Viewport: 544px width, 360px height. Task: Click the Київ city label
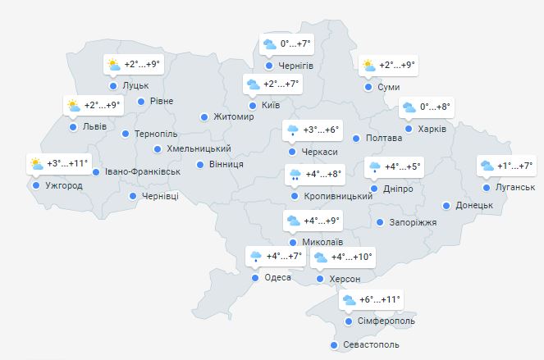pyautogui.click(x=272, y=106)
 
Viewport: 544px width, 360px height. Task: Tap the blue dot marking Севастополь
pyautogui.click(x=334, y=345)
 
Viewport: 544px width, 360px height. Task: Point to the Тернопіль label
pyautogui.click(x=155, y=134)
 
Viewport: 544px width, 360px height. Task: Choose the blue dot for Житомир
pyautogui.click(x=204, y=117)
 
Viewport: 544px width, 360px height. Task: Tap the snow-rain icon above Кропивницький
pyautogui.click(x=293, y=174)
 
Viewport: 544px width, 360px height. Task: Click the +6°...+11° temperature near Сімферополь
pyautogui.click(x=379, y=300)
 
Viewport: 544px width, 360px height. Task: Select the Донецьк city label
pyautogui.click(x=473, y=205)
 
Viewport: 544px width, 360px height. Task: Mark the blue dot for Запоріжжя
pyautogui.click(x=380, y=222)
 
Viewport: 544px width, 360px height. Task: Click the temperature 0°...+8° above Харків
pyautogui.click(x=436, y=107)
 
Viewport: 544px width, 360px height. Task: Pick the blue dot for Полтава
pyautogui.click(x=356, y=139)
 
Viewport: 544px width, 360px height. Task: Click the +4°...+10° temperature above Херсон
pyautogui.click(x=350, y=258)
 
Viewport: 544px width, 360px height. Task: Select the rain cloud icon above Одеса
pyautogui.click(x=255, y=257)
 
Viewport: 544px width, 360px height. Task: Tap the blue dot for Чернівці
pyautogui.click(x=133, y=196)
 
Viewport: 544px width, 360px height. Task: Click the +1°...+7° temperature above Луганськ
pyautogui.click(x=515, y=166)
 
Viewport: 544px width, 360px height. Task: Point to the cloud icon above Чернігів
pyautogui.click(x=269, y=44)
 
